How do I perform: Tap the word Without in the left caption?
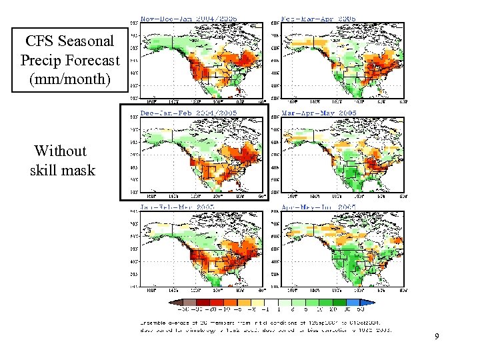coord(60,151)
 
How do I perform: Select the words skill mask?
coord(63,170)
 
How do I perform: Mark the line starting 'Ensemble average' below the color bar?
coord(267,322)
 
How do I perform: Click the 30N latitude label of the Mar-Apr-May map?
coord(278,180)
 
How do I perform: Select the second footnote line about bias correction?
coord(267,329)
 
